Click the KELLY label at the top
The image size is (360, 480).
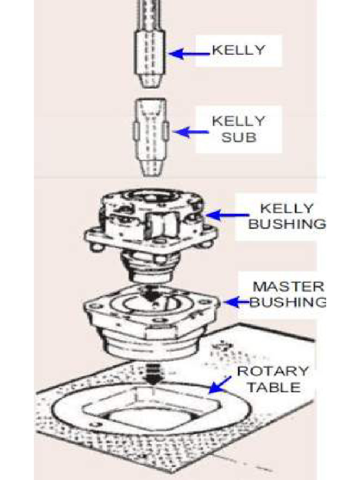239,50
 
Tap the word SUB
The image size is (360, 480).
239,137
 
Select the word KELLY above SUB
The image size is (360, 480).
239,121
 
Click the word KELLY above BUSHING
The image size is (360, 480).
287,209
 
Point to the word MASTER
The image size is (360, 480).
288,287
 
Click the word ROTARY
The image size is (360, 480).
272,371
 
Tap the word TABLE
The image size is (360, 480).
274,387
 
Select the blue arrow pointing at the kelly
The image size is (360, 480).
189,54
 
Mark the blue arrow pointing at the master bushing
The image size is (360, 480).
238,302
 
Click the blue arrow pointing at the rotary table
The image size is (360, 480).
220,384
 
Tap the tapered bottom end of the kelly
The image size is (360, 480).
150,81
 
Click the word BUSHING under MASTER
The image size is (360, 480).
288,302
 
